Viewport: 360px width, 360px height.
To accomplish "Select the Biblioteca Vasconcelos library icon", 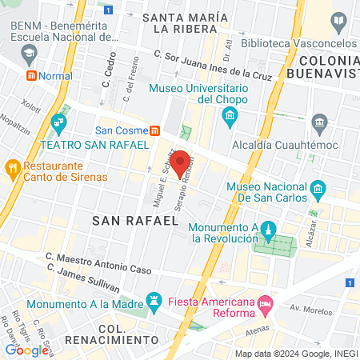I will click(339, 20).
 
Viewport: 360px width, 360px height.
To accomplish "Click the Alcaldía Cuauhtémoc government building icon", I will click(321, 122).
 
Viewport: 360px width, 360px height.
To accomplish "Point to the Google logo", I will click(26, 350).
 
